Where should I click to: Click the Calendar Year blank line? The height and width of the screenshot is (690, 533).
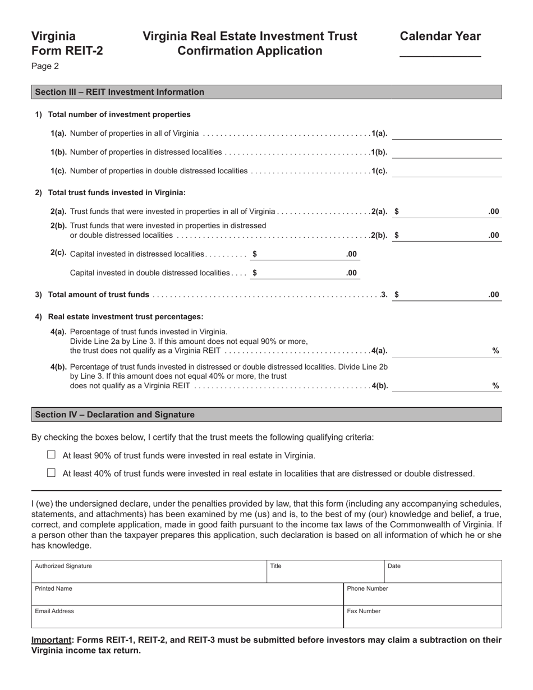coord(440,52)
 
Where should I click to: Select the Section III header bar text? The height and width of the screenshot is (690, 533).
coord(120,92)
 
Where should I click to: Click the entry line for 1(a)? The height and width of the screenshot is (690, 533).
coord(447,134)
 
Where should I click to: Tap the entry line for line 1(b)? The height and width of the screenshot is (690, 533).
coord(447,153)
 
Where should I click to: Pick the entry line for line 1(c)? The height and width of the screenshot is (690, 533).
coord(447,171)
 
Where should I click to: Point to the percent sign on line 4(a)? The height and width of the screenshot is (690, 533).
coord(495,351)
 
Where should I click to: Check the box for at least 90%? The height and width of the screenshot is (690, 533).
coord(52,455)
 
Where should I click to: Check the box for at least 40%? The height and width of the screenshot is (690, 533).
coord(52,473)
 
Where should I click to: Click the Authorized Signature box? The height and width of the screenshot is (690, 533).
coord(149,572)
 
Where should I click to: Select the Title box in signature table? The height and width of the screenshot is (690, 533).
coord(325,572)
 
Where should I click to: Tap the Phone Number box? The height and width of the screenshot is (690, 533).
coord(422,594)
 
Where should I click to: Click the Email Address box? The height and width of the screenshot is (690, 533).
coord(187,617)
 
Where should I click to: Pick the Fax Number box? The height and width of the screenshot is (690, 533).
coord(422,617)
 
